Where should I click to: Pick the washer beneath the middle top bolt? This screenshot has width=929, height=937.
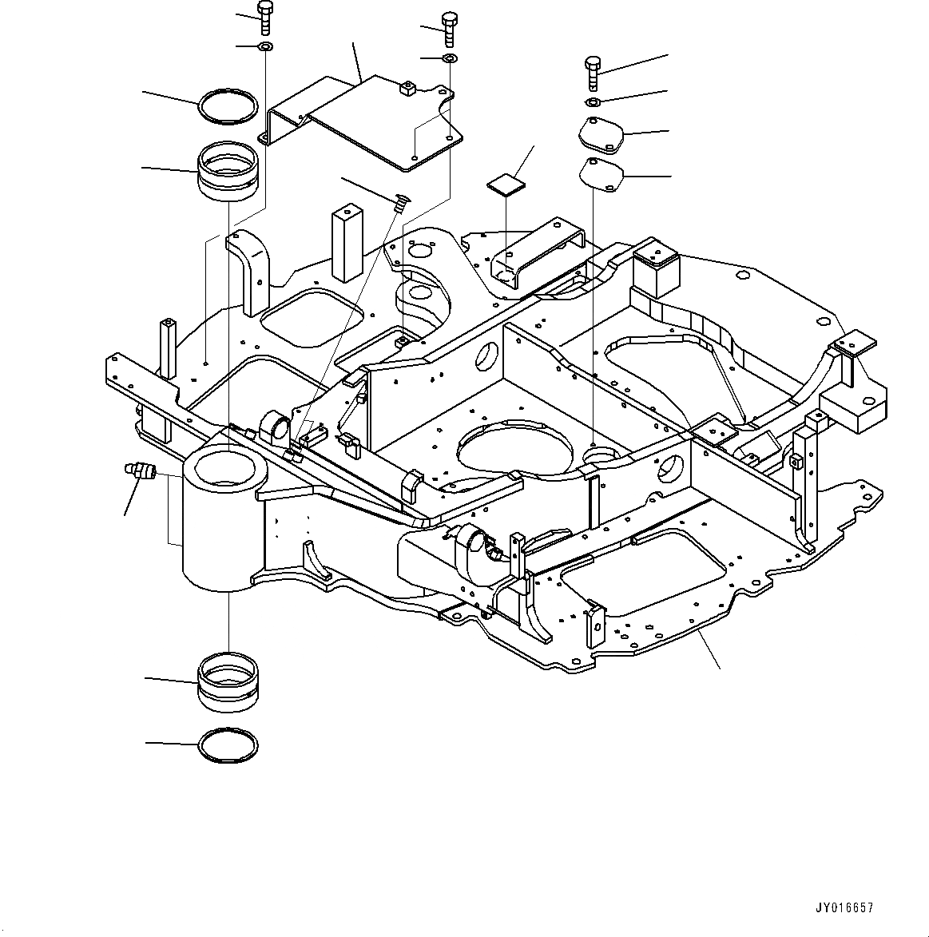(451, 59)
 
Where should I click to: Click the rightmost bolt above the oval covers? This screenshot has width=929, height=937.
(592, 73)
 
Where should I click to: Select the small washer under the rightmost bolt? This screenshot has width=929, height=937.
(594, 102)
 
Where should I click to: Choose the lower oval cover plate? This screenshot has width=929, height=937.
(601, 174)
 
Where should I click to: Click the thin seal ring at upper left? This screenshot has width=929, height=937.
(228, 106)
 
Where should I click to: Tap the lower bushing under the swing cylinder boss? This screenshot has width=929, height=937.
(228, 681)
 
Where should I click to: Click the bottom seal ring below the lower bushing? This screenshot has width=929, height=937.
(228, 744)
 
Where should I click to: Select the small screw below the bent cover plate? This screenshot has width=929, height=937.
(401, 203)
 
